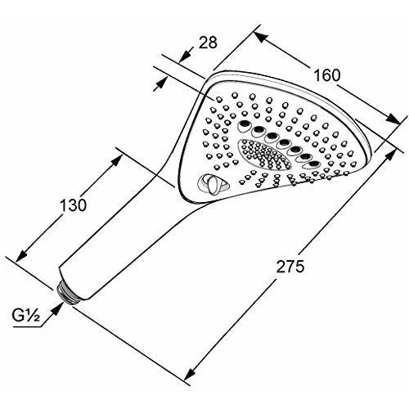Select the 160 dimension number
point(326,77)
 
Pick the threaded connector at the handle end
point(71,291)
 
